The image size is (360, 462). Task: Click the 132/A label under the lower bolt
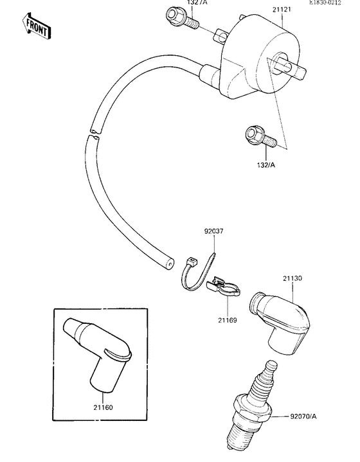265,164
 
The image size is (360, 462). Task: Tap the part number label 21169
226,319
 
